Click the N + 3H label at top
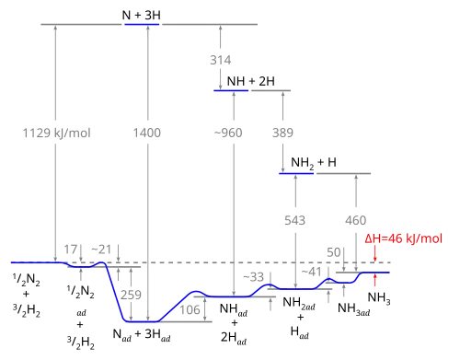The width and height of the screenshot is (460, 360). point(142,15)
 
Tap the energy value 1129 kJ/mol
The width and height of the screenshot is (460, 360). point(57,134)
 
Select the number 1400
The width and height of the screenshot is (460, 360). point(147,133)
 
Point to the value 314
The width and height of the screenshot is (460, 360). point(221,60)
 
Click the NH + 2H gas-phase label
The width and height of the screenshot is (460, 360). point(251,81)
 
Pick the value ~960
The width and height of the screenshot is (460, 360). point(228,133)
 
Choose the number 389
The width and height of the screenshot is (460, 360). point(282,133)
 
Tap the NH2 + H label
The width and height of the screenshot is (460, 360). point(314,163)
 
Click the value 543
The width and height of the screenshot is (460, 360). point(295,220)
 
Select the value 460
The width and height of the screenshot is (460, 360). point(356,220)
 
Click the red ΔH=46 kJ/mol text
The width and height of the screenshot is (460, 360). point(404,238)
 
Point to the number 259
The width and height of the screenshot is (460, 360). point(131,295)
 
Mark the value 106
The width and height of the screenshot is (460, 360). point(190,309)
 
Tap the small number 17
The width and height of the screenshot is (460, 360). point(71,250)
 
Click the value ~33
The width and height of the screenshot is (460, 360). point(254,277)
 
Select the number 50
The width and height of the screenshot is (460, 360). point(334,252)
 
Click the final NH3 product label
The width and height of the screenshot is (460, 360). point(379,298)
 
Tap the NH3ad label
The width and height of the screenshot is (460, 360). point(354,308)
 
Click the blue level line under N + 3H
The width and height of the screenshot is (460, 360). point(142,24)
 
